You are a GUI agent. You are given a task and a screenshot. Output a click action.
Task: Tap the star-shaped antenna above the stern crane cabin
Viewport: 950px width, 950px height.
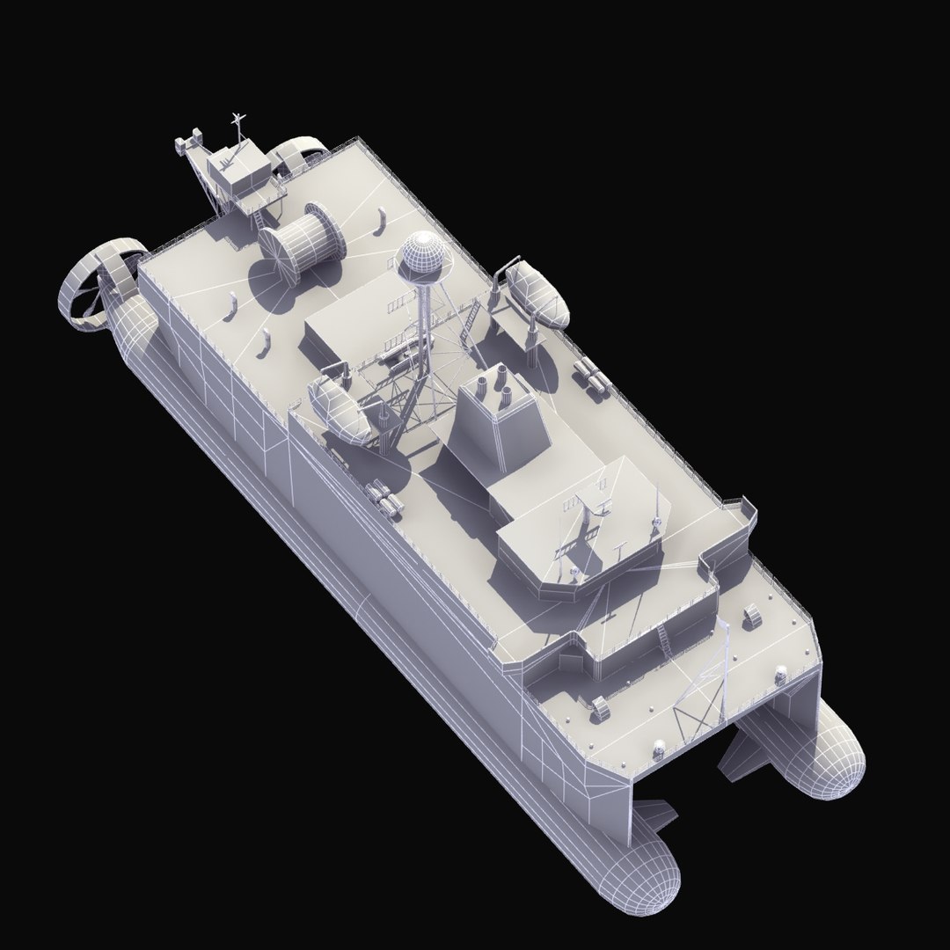[236, 120]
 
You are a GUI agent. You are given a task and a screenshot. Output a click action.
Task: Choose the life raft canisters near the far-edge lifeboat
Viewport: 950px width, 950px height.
[590, 376]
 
